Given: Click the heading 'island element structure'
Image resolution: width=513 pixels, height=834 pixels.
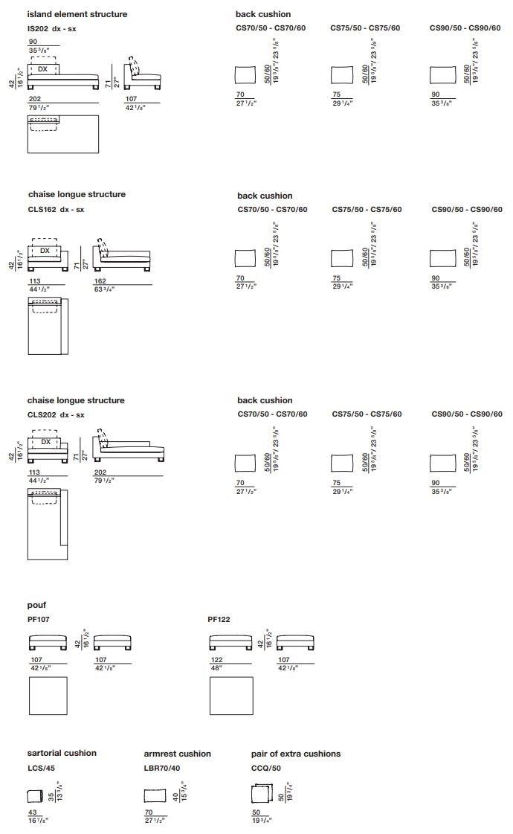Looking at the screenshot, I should pyautogui.click(x=77, y=14).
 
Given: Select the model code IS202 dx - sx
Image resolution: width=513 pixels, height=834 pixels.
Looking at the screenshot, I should pyautogui.click(x=52, y=29).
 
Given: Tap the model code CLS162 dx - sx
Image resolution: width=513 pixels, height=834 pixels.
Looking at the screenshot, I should pyautogui.click(x=56, y=210).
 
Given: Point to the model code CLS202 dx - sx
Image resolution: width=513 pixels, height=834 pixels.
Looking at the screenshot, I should pyautogui.click(x=56, y=415).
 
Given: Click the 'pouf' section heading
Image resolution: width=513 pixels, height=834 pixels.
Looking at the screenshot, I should pyautogui.click(x=37, y=606).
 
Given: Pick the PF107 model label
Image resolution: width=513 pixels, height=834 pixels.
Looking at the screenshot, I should pyautogui.click(x=39, y=619).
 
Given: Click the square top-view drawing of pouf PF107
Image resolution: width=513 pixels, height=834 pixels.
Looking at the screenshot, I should pyautogui.click(x=48, y=696).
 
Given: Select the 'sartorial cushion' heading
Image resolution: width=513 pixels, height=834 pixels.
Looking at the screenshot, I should pyautogui.click(x=62, y=753).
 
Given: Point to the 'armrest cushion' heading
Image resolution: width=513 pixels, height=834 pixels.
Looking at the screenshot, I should pyautogui.click(x=178, y=754).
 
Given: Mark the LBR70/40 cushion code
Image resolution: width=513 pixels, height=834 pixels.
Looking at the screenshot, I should pyautogui.click(x=162, y=768).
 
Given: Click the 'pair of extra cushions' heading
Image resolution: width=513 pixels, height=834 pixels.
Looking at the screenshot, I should pyautogui.click(x=296, y=754).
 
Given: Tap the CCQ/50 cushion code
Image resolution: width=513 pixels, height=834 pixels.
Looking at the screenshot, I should pyautogui.click(x=266, y=768).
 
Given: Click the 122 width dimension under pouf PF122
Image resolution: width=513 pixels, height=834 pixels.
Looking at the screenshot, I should pyautogui.click(x=216, y=660).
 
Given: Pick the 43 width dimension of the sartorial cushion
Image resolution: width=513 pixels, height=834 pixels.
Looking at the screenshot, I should pyautogui.click(x=32, y=812).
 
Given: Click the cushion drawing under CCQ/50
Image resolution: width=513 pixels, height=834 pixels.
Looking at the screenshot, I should pyautogui.click(x=263, y=795).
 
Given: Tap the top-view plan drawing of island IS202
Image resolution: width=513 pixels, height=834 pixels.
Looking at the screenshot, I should pyautogui.click(x=62, y=134).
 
